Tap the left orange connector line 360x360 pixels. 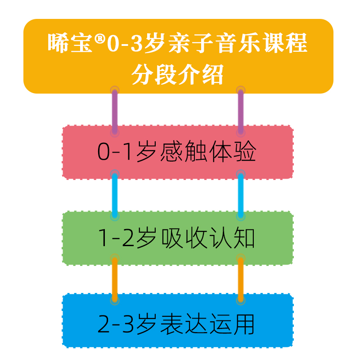[x=115, y=279]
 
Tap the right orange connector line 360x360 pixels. [x=241, y=279]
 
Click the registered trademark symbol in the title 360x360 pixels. [x=100, y=40]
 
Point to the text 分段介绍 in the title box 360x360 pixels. [x=178, y=75]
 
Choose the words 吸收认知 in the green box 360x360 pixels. [x=208, y=238]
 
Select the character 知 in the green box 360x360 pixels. [x=244, y=238]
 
